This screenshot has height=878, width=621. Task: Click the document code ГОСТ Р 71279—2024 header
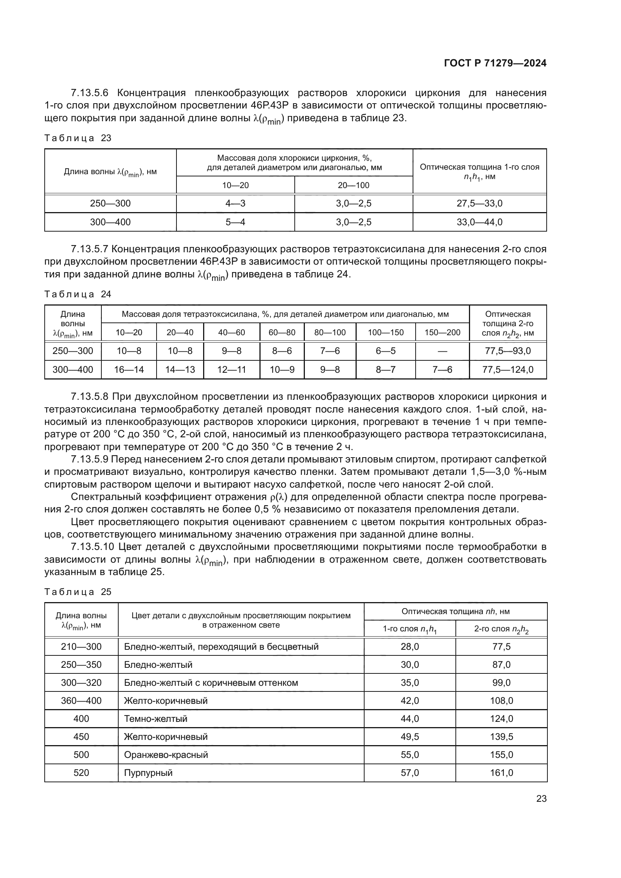click(495, 63)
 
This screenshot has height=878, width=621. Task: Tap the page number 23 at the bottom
click(541, 798)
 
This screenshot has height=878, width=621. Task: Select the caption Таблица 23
click(78, 138)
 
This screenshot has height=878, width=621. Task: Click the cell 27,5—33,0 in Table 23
click(479, 203)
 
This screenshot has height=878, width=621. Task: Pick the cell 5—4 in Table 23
click(235, 222)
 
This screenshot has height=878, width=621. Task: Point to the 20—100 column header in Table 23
click(353, 185)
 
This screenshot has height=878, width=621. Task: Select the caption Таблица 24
click(78, 294)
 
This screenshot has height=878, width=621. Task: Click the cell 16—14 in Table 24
click(129, 370)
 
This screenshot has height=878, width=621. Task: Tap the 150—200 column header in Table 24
click(442, 333)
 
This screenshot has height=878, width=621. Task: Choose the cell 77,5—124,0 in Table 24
click(508, 370)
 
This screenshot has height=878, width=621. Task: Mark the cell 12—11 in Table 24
click(231, 370)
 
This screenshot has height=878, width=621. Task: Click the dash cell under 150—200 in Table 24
click(442, 351)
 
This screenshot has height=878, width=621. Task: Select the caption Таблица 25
click(78, 592)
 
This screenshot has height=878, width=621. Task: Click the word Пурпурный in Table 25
click(148, 773)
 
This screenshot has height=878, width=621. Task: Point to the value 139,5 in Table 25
click(501, 737)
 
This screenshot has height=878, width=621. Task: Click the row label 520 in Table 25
click(81, 773)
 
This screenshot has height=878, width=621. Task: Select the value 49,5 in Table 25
click(410, 737)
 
